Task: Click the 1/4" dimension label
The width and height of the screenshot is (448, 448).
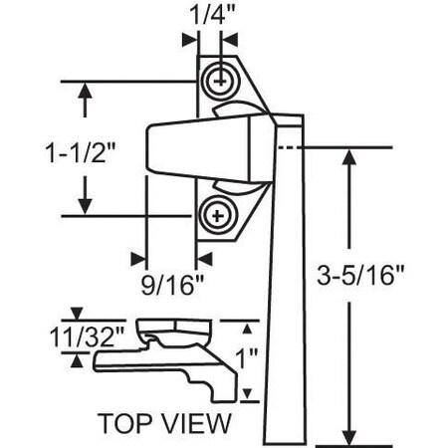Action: [x=207, y=14]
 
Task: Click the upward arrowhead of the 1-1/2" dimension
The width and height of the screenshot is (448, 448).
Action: [x=89, y=92]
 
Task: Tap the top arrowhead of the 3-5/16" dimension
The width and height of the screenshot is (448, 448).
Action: [x=348, y=160]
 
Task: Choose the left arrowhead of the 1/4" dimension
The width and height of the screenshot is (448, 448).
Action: [x=189, y=41]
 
